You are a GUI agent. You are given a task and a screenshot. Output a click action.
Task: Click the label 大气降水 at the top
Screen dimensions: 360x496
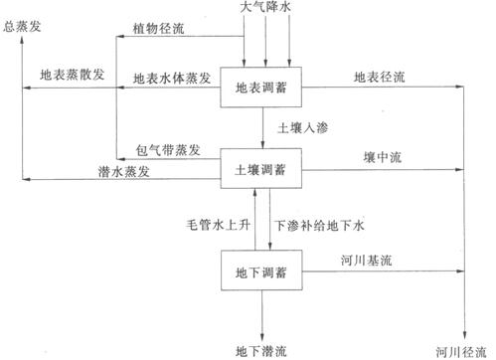coord(265,8)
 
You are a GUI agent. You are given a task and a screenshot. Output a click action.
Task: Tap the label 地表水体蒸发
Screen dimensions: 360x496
coord(171,77)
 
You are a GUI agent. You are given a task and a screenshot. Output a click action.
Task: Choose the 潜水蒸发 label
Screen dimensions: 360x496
coord(150,172)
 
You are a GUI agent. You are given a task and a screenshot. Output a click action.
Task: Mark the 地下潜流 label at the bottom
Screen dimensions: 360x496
coord(264,350)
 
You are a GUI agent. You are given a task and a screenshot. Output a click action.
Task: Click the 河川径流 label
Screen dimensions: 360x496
coord(462,350)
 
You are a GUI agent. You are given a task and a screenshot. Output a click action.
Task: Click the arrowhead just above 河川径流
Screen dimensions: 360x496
coord(464,335)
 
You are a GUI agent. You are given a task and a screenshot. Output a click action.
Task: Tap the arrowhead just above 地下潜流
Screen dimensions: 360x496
coord(263,335)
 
